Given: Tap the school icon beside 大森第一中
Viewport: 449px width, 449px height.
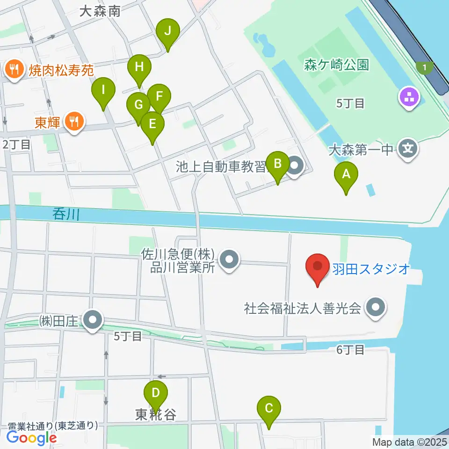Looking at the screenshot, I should pyautogui.click(x=408, y=150).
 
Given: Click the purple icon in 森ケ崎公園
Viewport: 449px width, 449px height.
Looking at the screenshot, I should pyautogui.click(x=410, y=98).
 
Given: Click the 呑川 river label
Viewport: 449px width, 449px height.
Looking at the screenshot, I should pyautogui.click(x=66, y=215).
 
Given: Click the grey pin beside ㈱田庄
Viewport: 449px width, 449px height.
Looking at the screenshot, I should pyautogui.click(x=93, y=321).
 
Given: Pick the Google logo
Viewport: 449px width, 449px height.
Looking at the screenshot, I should pyautogui.click(x=31, y=437).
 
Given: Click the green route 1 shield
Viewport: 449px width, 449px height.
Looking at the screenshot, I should pyautogui.click(x=424, y=68).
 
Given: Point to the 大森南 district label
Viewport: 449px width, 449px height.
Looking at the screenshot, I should pyautogui.click(x=100, y=11).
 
